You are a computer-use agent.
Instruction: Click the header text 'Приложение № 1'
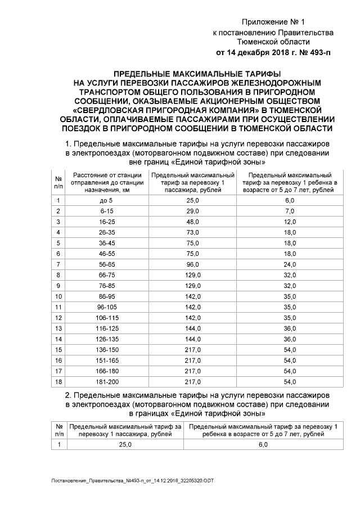pos(273,22)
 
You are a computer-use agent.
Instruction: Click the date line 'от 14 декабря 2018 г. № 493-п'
pos(273,53)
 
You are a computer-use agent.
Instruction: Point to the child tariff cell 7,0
pos(289,211)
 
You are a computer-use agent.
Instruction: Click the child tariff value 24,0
pos(289,264)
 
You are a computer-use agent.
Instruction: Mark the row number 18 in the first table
pos(58,382)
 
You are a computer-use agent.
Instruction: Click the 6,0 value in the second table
pos(263,444)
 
